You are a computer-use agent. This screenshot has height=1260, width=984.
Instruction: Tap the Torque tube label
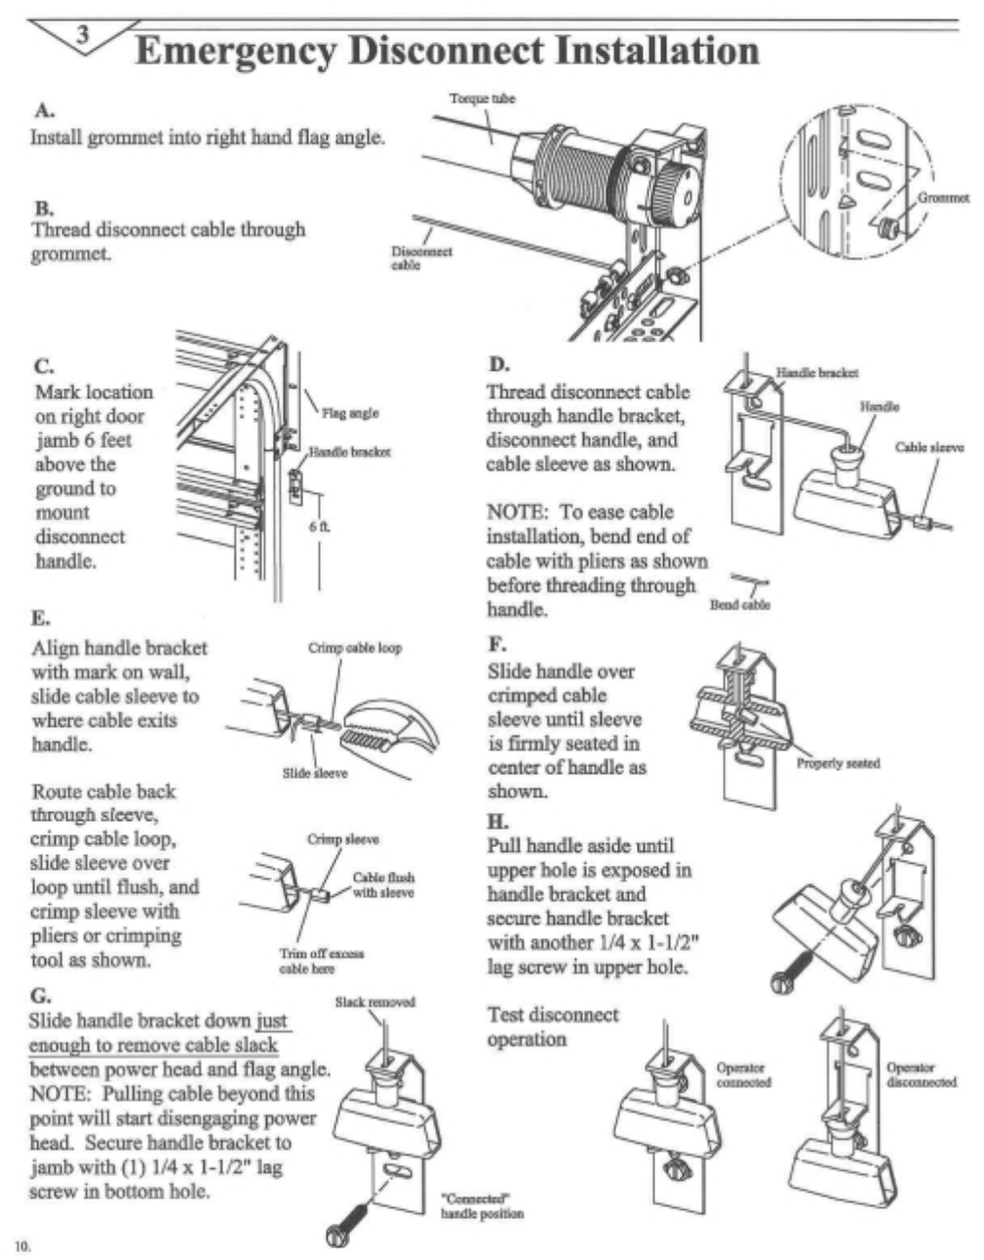click(x=482, y=99)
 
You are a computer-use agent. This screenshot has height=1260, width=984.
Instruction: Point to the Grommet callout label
click(x=943, y=198)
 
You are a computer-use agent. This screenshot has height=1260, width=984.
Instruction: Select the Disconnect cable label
click(x=421, y=258)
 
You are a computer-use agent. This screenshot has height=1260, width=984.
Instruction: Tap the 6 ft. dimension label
click(x=320, y=526)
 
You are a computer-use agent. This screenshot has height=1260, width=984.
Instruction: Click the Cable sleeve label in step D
click(x=928, y=447)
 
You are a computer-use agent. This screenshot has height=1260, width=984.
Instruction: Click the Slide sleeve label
click(x=314, y=773)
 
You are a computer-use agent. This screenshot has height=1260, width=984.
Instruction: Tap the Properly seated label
click(x=838, y=763)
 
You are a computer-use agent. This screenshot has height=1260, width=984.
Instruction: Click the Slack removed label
click(x=374, y=1002)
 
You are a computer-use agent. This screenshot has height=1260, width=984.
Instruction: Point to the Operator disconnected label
click(x=921, y=1075)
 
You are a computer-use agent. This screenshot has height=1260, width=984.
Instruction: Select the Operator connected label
click(x=743, y=1075)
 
